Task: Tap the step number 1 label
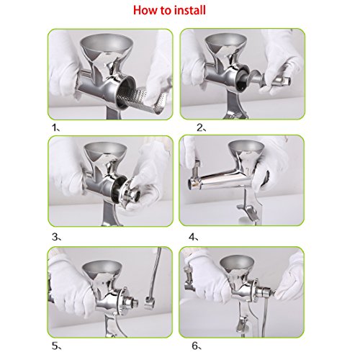(55, 127)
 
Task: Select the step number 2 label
(201, 128)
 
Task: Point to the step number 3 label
(56, 237)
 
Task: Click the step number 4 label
(194, 237)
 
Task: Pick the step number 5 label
(56, 346)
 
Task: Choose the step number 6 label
(197, 346)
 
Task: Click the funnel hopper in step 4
(246, 150)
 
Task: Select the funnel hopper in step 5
(102, 270)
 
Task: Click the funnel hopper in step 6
(236, 264)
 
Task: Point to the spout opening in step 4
(193, 184)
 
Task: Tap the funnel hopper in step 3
(106, 151)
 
